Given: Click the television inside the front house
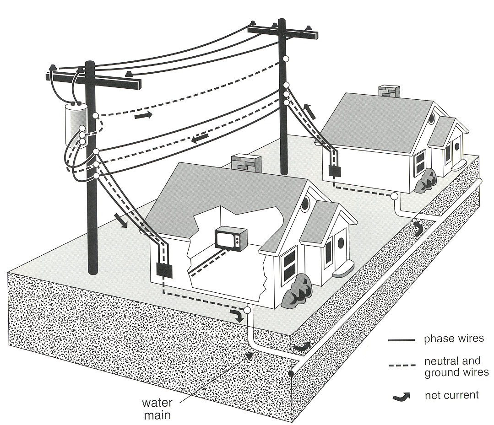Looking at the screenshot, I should pyautogui.click(x=231, y=238).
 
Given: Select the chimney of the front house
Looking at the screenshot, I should pyautogui.click(x=246, y=164).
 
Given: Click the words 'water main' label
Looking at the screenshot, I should pyautogui.click(x=157, y=409).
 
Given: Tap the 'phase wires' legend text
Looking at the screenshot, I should pyautogui.click(x=453, y=339).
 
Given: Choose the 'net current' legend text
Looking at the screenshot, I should pyautogui.click(x=451, y=394).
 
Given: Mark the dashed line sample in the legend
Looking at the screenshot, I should pyautogui.click(x=401, y=366).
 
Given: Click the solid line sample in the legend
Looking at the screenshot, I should pyautogui.click(x=401, y=340).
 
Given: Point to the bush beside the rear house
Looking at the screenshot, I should pyautogui.click(x=426, y=180).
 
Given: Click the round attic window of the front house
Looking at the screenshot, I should pyautogui.click(x=305, y=203).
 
